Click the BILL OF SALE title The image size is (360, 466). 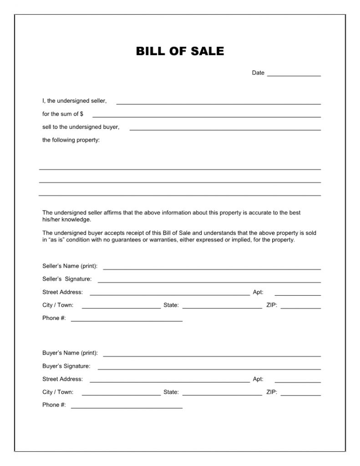180,51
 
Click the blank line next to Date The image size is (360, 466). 294,75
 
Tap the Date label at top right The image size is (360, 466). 258,73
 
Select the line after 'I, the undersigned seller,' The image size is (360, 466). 218,103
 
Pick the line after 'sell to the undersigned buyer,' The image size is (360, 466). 225,129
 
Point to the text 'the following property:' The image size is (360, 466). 71,140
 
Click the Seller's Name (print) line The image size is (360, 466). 212,268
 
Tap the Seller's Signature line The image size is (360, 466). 209,282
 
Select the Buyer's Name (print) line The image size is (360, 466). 212,355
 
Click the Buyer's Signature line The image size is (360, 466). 209,368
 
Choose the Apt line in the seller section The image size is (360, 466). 298,295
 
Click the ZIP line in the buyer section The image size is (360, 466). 300,395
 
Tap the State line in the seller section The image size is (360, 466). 222,308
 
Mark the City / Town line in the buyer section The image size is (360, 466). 121,395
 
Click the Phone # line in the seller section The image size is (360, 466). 127,321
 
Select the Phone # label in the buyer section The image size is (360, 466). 54,405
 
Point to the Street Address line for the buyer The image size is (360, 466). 169,381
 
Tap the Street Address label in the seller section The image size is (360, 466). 62,292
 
